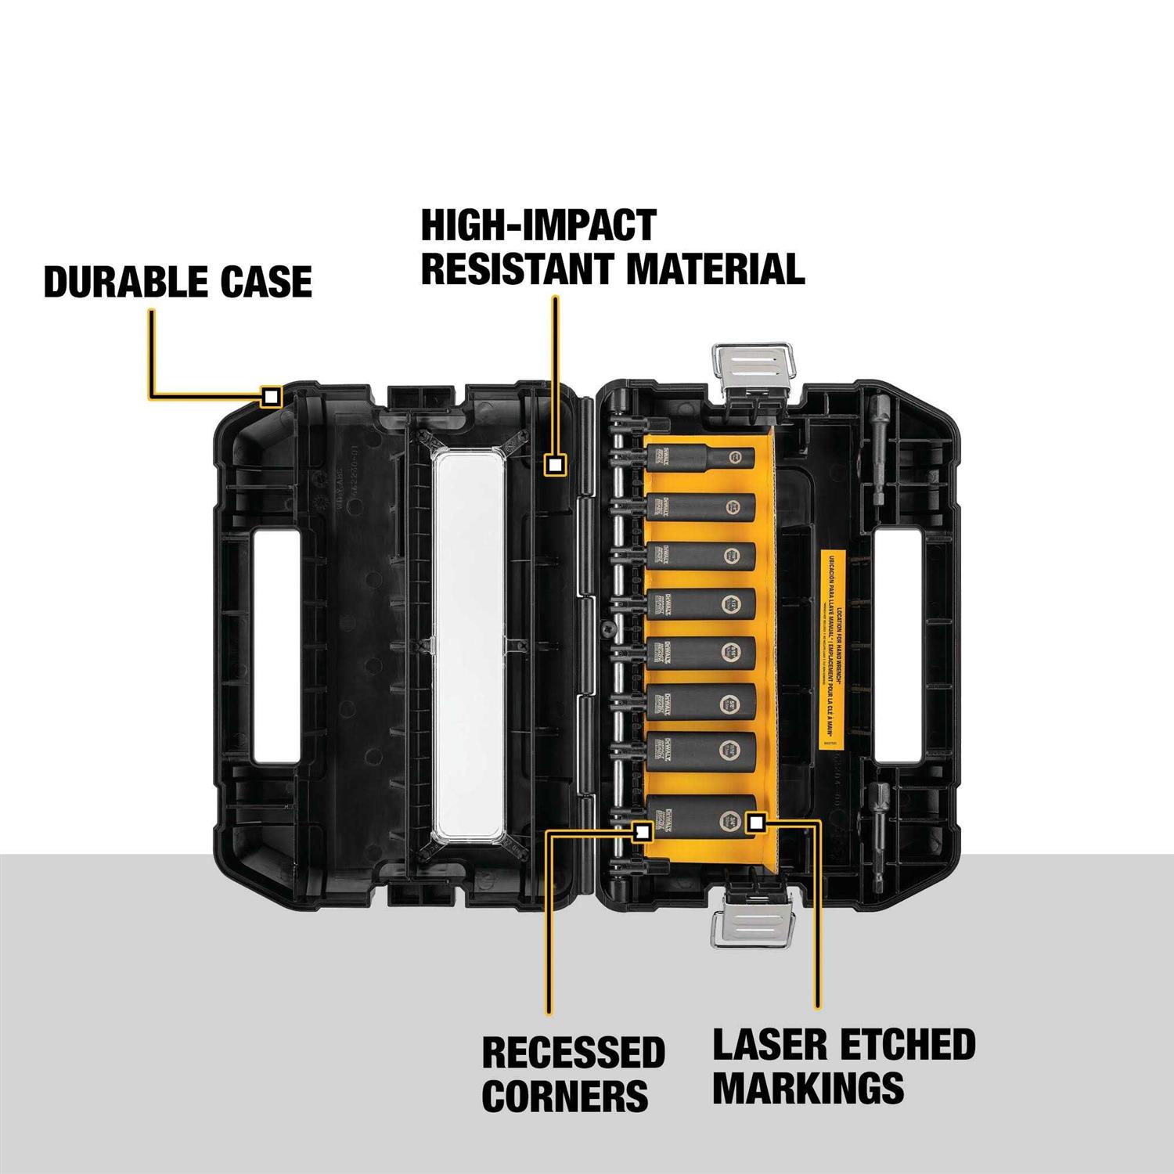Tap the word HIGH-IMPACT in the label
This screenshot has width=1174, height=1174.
click(x=538, y=225)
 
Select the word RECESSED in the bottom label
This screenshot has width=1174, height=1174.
click(x=573, y=1053)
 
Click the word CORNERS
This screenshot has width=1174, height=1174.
click(x=564, y=1096)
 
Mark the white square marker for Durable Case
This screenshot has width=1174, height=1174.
click(x=271, y=397)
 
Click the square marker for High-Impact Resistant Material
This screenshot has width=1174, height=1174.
click(x=555, y=465)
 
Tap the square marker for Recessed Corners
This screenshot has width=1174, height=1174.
click(x=642, y=832)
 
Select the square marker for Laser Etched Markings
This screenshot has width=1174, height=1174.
click(x=755, y=822)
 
